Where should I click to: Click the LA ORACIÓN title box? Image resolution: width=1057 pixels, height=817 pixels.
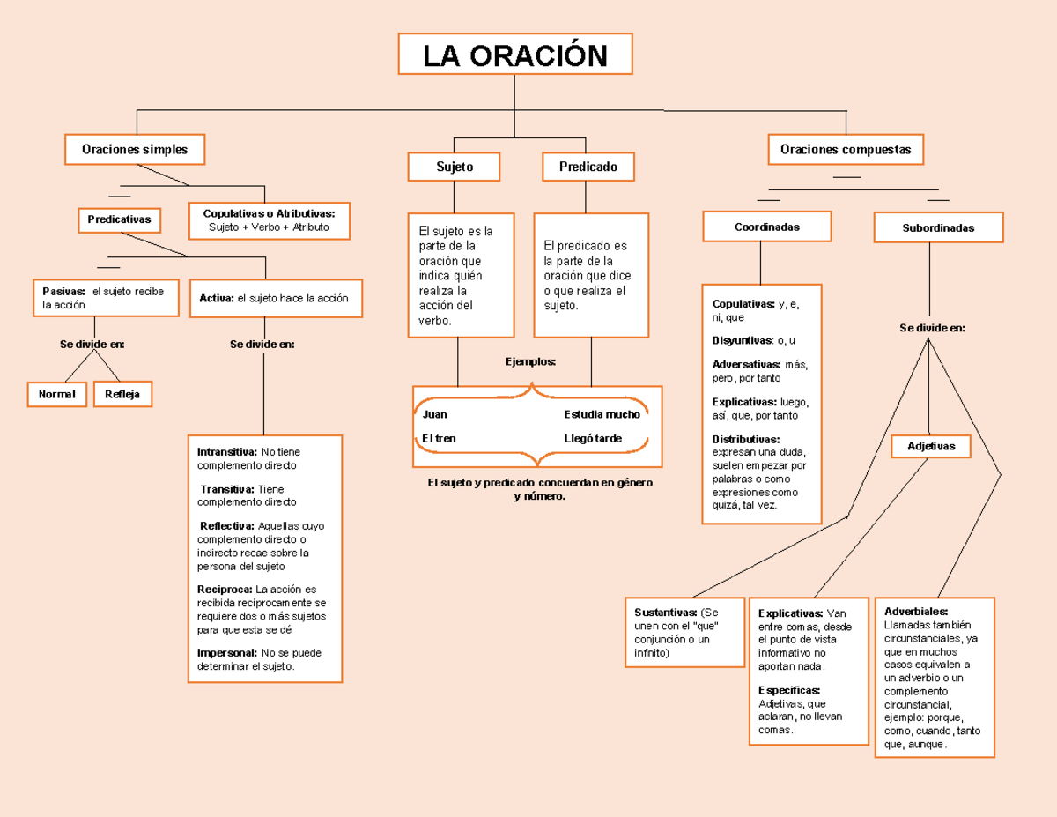515,55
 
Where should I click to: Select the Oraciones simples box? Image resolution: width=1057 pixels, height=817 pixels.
135,149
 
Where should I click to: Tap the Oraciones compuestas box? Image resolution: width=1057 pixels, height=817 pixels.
846,149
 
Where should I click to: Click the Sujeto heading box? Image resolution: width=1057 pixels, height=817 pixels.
455,166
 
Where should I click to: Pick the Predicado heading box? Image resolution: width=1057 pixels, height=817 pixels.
588,166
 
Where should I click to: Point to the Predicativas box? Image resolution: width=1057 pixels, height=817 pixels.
119,219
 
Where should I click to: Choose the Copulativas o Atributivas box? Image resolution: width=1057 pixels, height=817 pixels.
270,220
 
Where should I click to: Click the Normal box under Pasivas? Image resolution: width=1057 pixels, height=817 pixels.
56,394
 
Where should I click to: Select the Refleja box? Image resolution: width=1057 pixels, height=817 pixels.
122,394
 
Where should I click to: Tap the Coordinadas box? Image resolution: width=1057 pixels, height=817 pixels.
766,227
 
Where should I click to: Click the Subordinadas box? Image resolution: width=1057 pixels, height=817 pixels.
938,227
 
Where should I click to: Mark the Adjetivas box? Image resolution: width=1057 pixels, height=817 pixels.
931,446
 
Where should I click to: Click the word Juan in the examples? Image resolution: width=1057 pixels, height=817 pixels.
435,414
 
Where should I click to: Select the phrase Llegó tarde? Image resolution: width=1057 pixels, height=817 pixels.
593,438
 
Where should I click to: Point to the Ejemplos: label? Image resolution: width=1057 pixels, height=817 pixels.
530,361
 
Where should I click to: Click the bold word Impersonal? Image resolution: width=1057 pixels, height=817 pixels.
227,653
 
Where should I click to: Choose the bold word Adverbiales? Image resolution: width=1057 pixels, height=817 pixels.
916,611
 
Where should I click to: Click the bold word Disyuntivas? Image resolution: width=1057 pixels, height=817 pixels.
742,340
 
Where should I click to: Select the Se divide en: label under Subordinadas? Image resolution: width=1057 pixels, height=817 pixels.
932,328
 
